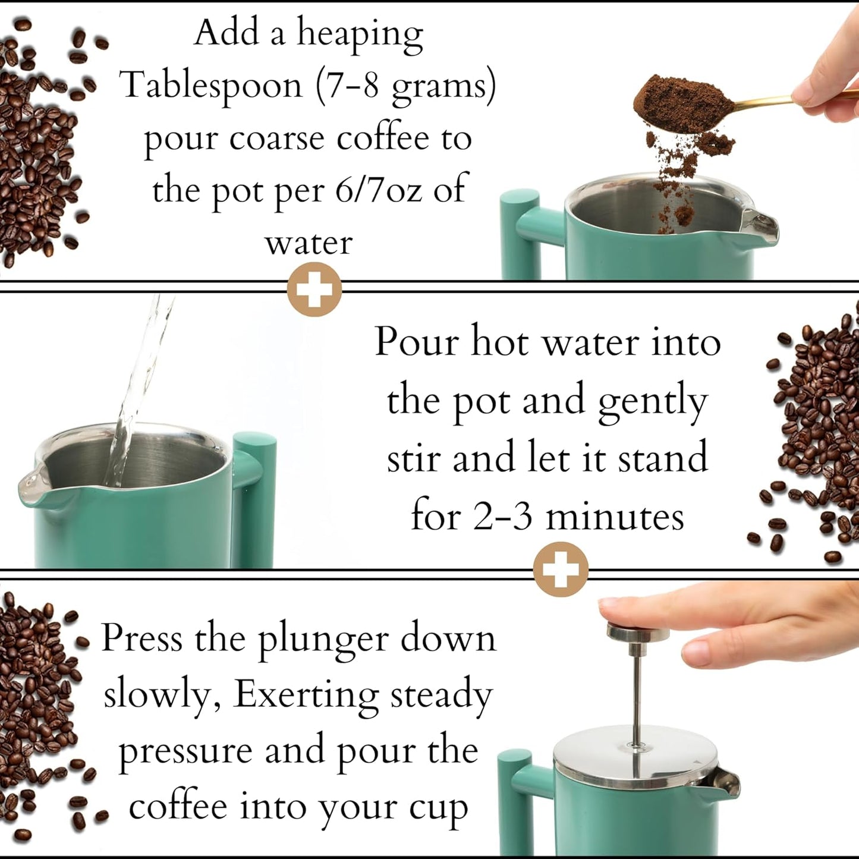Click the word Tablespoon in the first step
point(212,85)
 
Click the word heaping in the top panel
point(360,34)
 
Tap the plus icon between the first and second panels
point(314,290)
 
